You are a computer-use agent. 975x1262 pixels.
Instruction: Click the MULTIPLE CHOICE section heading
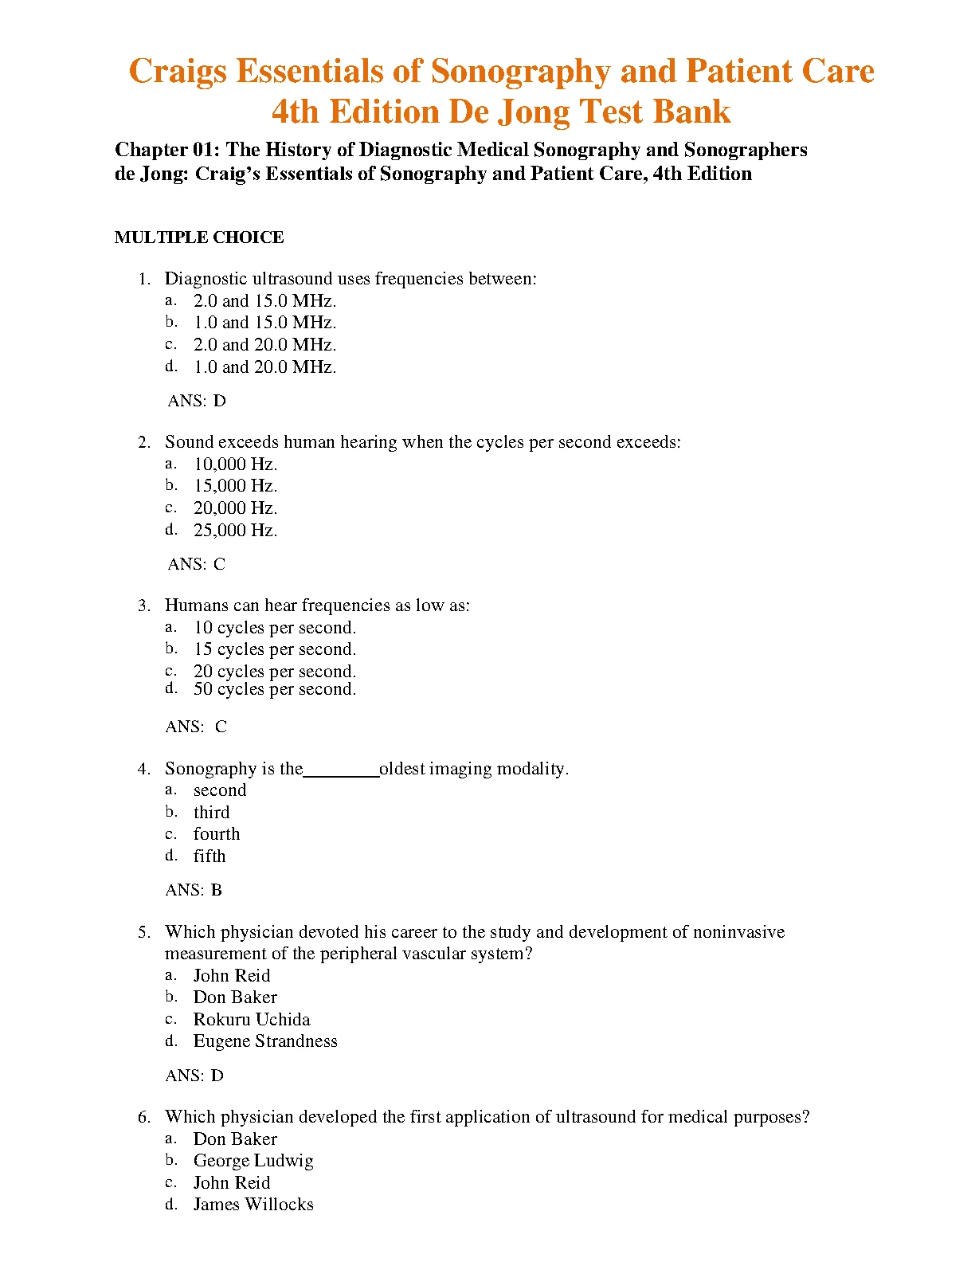coord(199,237)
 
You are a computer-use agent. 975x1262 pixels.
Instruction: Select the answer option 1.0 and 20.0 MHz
coord(264,367)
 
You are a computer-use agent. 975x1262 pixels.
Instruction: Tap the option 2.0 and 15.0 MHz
coord(264,301)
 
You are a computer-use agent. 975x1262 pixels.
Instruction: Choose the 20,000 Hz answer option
coord(235,508)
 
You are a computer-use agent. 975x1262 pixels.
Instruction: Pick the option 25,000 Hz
coord(235,531)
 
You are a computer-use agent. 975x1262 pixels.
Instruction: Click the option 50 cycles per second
coord(275,689)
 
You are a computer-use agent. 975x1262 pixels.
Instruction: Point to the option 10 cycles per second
coord(275,628)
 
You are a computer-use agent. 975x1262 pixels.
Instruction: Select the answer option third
coord(211,813)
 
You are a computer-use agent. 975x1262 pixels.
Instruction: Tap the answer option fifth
coord(209,856)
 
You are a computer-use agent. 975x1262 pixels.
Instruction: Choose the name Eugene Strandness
coord(265,1041)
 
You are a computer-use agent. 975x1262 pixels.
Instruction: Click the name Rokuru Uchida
coord(252,1020)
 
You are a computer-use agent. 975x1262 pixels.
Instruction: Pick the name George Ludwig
coord(253,1161)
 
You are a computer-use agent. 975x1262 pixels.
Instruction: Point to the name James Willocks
coord(253,1205)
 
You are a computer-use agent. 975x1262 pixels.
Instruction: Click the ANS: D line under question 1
coord(197,401)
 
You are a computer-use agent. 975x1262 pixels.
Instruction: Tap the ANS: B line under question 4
coord(194,890)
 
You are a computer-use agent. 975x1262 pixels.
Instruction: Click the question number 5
coord(144,932)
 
